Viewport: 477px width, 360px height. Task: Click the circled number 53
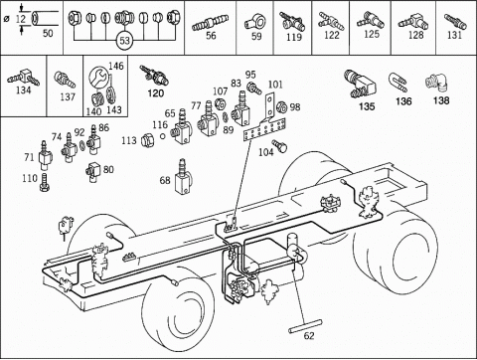click(x=123, y=41)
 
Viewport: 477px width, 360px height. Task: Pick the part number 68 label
click(x=165, y=180)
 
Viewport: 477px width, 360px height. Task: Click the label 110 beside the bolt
click(x=30, y=178)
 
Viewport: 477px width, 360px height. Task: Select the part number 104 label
click(x=265, y=152)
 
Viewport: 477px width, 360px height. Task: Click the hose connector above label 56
click(x=211, y=20)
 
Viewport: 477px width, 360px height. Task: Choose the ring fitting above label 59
click(x=256, y=19)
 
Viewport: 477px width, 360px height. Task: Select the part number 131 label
click(x=454, y=35)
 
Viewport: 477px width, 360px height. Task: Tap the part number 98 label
click(x=295, y=106)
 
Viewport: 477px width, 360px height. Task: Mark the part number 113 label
click(x=129, y=140)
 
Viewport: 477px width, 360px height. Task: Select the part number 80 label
click(x=109, y=169)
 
